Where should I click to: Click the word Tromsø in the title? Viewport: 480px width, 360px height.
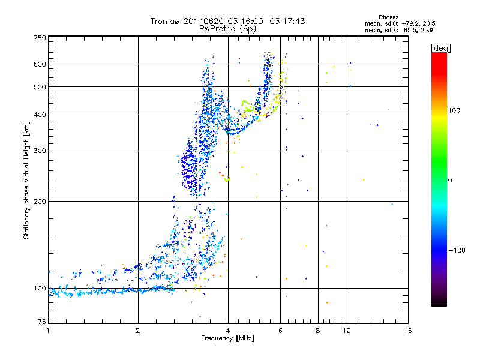pyautogui.click(x=166, y=21)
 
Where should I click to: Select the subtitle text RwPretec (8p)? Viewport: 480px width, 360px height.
pyautogui.click(x=227, y=29)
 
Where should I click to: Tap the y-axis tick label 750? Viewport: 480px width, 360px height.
pyautogui.click(x=40, y=38)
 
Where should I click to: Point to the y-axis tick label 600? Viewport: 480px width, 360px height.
pyautogui.click(x=40, y=64)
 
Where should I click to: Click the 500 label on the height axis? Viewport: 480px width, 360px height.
pyautogui.click(x=40, y=87)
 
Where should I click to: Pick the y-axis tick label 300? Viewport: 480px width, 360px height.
pyautogui.click(x=40, y=151)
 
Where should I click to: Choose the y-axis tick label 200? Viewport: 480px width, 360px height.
pyautogui.click(x=40, y=202)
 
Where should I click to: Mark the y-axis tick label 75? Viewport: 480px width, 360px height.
pyautogui.click(x=42, y=322)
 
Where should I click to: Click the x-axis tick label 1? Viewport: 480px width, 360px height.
pyautogui.click(x=48, y=331)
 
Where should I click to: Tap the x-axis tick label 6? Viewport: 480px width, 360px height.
pyautogui.click(x=280, y=331)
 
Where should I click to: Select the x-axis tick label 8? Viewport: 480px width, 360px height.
pyautogui.click(x=318, y=331)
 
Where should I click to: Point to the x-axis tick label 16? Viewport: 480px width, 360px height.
pyautogui.click(x=408, y=331)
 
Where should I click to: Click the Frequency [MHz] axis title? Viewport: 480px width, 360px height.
pyautogui.click(x=228, y=338)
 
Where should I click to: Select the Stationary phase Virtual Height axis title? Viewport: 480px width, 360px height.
pyautogui.click(x=26, y=181)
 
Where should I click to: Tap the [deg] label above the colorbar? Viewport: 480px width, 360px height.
pyautogui.click(x=441, y=49)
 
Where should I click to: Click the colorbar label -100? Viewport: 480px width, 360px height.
pyautogui.click(x=457, y=250)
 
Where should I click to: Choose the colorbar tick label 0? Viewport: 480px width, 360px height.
pyautogui.click(x=450, y=181)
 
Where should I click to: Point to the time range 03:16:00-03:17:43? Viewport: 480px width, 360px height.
pyautogui.click(x=266, y=21)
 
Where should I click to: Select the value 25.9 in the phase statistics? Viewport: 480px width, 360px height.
pyautogui.click(x=427, y=30)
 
